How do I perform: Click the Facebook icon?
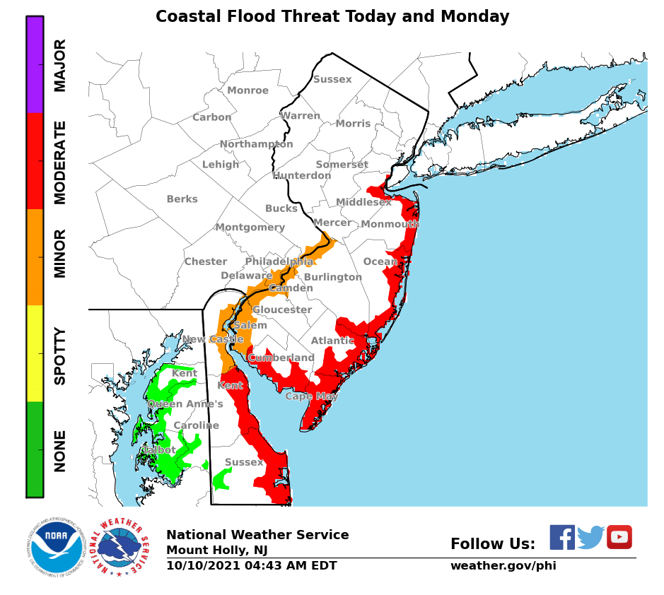(562, 537)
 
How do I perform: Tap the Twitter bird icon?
(590, 537)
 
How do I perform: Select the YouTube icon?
(619, 537)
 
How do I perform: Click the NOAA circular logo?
(57, 546)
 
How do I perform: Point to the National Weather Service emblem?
(123, 548)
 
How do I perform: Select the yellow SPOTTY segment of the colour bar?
(35, 353)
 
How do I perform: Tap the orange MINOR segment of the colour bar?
(35, 257)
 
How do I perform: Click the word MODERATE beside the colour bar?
(61, 162)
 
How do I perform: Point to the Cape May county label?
(311, 396)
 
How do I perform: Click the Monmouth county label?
(390, 225)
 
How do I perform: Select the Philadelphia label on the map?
(279, 261)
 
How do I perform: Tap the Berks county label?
(182, 199)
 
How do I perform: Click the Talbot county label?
(158, 449)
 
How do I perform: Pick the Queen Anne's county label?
(185, 404)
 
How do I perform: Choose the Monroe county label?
(247, 90)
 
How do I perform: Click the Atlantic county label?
(332, 341)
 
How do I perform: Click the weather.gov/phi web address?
(503, 566)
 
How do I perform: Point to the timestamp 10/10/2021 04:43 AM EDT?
(251, 566)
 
